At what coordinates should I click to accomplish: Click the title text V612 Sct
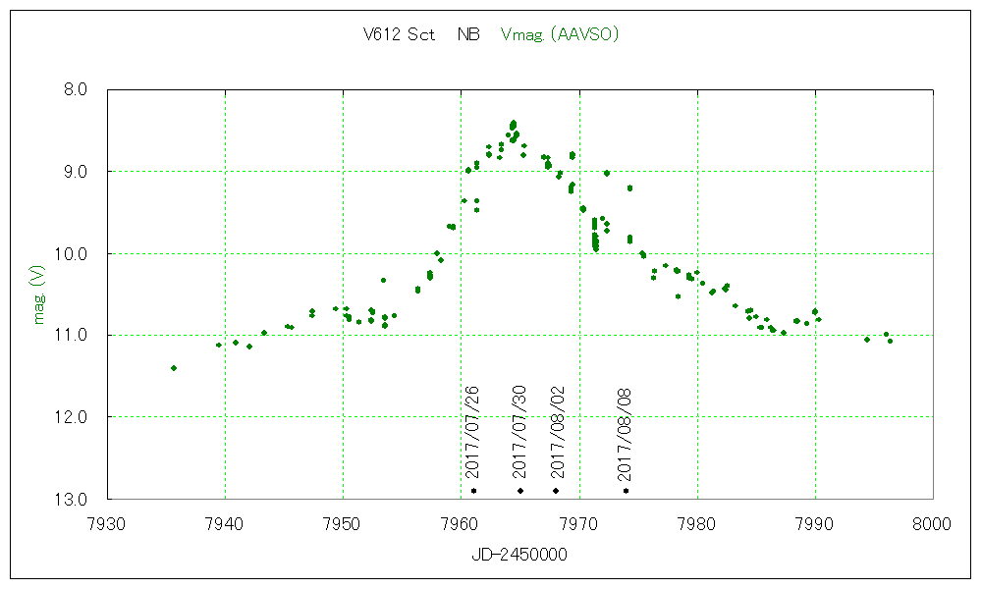point(399,35)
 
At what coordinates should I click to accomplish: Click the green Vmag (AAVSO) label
point(559,35)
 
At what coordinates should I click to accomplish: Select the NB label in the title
point(468,35)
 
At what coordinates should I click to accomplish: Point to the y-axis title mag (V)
point(40,294)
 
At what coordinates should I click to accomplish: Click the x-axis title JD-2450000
point(519,555)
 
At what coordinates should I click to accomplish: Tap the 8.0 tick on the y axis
point(75,89)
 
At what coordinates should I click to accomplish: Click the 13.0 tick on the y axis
point(73,500)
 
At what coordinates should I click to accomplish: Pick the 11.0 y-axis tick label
point(73,336)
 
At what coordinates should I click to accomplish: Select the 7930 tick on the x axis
point(107,523)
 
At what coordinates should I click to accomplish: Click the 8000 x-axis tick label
point(932,523)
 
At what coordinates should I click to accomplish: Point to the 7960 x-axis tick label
point(461,523)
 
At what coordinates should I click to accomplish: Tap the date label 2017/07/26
point(472,432)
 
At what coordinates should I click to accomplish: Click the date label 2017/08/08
point(625,432)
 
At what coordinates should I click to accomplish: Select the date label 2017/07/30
point(520,432)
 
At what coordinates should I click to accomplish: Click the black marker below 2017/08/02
point(556,490)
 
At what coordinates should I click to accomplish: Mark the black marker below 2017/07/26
point(473,490)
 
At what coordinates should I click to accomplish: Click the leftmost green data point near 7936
point(174,368)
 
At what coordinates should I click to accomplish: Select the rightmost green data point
point(890,341)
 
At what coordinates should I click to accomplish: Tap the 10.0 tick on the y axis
point(73,253)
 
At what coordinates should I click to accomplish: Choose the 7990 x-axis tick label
point(814,523)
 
